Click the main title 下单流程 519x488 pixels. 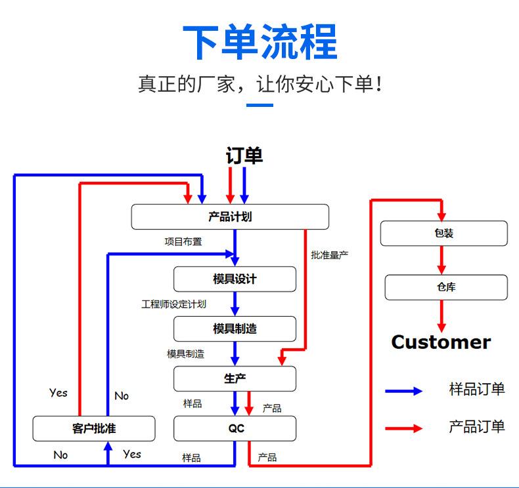tap(259, 42)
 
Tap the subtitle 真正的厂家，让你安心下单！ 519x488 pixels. tap(259, 84)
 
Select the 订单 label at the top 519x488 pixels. tap(244, 155)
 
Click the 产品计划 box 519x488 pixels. tap(230, 217)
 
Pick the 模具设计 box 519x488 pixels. tap(235, 279)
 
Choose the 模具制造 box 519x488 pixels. tap(235, 329)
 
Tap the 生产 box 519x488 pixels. tap(235, 378)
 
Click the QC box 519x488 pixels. tap(235, 428)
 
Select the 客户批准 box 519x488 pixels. tap(94, 428)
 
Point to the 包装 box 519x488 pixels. tap(444, 233)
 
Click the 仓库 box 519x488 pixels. tap(445, 287)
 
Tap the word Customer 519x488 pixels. tap(441, 342)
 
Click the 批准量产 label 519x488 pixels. tap(329, 254)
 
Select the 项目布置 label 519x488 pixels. tap(183, 241)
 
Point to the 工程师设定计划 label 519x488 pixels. tap(173, 304)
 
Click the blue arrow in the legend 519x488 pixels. tap(404, 392)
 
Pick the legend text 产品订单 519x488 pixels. tap(477, 426)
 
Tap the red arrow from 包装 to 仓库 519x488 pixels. tap(441, 260)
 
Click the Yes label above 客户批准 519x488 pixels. tap(58, 393)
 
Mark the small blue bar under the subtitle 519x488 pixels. tap(259, 105)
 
